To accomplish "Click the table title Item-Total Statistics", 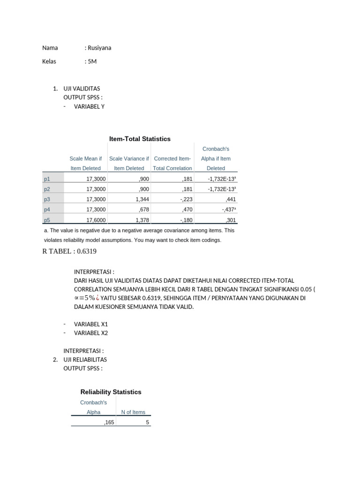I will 140,139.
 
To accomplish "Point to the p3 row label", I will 46,199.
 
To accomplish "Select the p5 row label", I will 46,220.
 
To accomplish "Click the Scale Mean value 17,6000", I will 96,220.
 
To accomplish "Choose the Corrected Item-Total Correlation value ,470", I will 187,210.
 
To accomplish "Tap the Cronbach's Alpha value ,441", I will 231,199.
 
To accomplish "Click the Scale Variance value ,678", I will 144,210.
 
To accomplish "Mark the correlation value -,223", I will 186,199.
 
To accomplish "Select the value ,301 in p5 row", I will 231,220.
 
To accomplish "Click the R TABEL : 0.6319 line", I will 69,251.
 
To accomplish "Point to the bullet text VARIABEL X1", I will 91,324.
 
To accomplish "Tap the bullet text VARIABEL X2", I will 91,333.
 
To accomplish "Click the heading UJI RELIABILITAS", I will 85,360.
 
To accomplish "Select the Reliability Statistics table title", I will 111,392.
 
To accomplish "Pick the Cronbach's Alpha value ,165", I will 109,422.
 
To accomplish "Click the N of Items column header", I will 133,412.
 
